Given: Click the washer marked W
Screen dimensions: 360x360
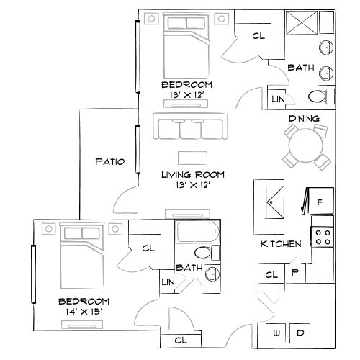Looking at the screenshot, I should [277, 333].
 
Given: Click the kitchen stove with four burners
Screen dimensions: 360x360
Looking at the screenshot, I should [322, 236].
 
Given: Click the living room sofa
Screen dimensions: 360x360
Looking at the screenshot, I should [191, 127].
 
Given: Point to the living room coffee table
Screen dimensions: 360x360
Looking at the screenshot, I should [192, 157].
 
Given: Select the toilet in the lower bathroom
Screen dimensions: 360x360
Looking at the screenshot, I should [204, 252].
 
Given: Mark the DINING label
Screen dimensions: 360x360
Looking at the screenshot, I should [304, 118].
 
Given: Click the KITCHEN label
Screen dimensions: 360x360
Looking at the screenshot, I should [281, 244].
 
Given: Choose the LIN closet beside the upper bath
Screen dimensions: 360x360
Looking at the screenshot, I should [277, 97].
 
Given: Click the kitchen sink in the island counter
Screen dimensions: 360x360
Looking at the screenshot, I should [273, 200].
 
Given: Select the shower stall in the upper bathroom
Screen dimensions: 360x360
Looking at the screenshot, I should [300, 24].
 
